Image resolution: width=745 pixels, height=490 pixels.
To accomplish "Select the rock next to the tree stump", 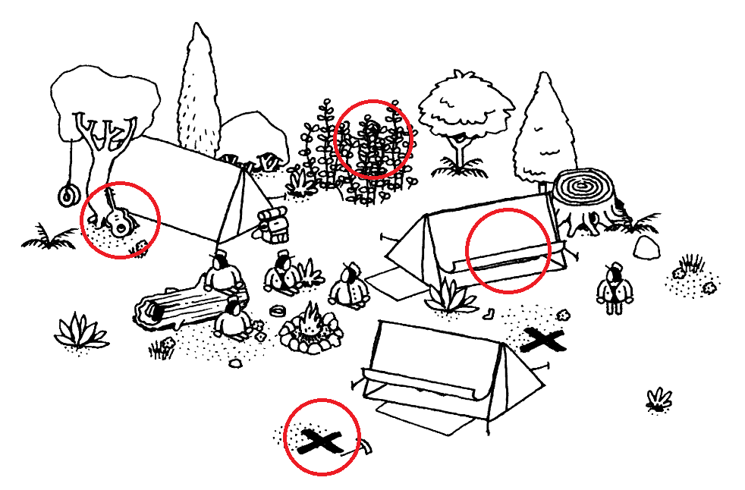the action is pos(646,247).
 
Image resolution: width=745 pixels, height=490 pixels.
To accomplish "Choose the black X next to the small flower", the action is pos(543,341).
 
